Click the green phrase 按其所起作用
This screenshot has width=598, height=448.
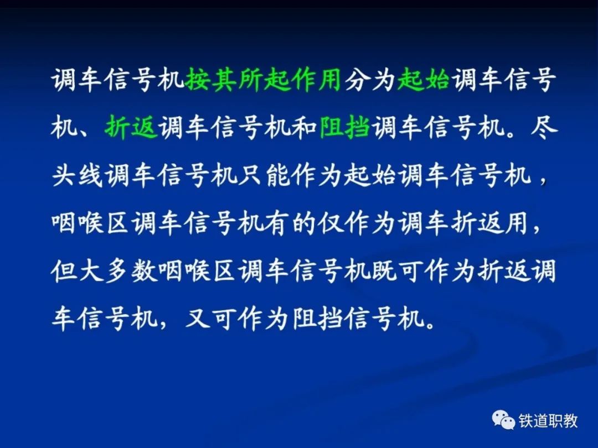(263, 80)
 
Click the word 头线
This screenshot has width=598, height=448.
(78, 175)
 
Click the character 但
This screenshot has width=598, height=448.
(64, 271)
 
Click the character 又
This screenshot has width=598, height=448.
(198, 319)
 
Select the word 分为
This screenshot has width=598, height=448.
(369, 80)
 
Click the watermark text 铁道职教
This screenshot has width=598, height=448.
(548, 421)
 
